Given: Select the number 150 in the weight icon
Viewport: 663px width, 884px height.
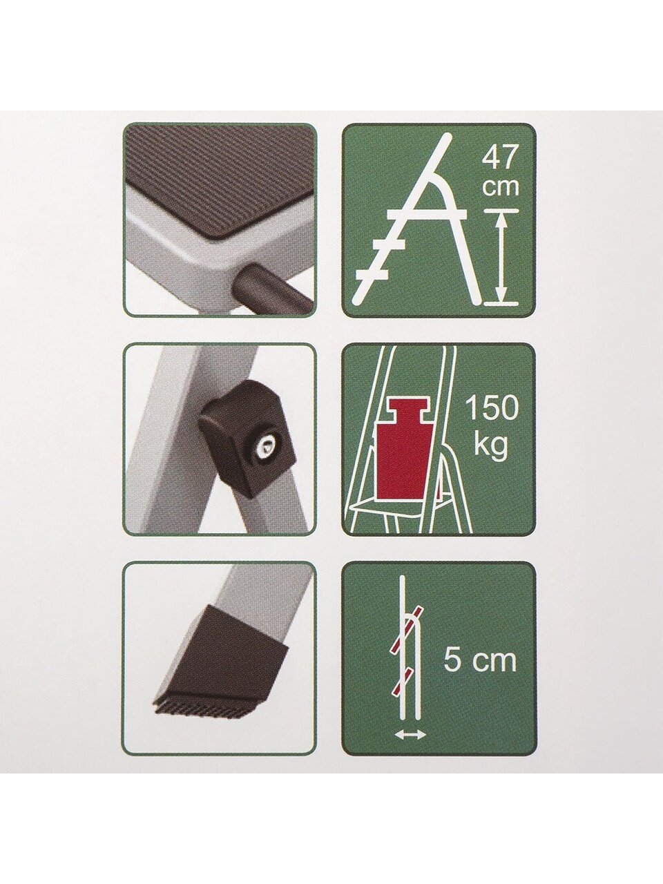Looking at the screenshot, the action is tap(492, 408).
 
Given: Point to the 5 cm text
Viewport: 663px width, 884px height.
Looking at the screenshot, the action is tap(480, 660).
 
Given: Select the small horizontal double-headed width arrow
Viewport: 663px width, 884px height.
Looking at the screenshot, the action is tap(410, 736).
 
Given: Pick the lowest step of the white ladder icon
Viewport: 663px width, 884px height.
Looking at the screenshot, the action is tap(372, 274).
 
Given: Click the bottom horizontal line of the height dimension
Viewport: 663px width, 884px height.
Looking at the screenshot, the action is tap(501, 303).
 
